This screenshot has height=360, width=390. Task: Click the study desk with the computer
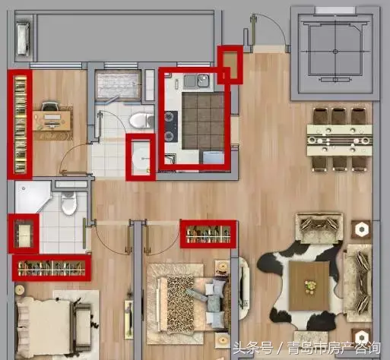tap(52, 120)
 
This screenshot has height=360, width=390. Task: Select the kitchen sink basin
tap(203, 81)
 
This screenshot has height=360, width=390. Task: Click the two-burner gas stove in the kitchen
tap(170, 126)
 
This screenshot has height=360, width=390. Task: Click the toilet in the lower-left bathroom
tap(68, 203)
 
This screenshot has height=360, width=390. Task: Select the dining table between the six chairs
tap(339, 140)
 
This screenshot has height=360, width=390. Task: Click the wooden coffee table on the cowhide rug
tap(309, 286)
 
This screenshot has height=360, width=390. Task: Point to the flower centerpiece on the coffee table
tap(310, 287)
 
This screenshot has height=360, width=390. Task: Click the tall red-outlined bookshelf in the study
tap(21, 125)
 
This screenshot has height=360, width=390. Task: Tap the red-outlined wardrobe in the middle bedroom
tap(208, 234)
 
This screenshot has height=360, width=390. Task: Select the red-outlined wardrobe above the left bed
tap(52, 268)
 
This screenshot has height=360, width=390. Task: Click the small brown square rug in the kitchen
tap(203, 121)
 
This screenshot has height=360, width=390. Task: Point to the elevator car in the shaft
tap(335, 52)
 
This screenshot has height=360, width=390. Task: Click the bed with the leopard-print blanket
tap(186, 304)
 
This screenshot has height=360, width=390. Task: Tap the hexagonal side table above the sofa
tap(361, 229)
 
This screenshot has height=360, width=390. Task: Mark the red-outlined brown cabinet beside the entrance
tap(230, 65)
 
